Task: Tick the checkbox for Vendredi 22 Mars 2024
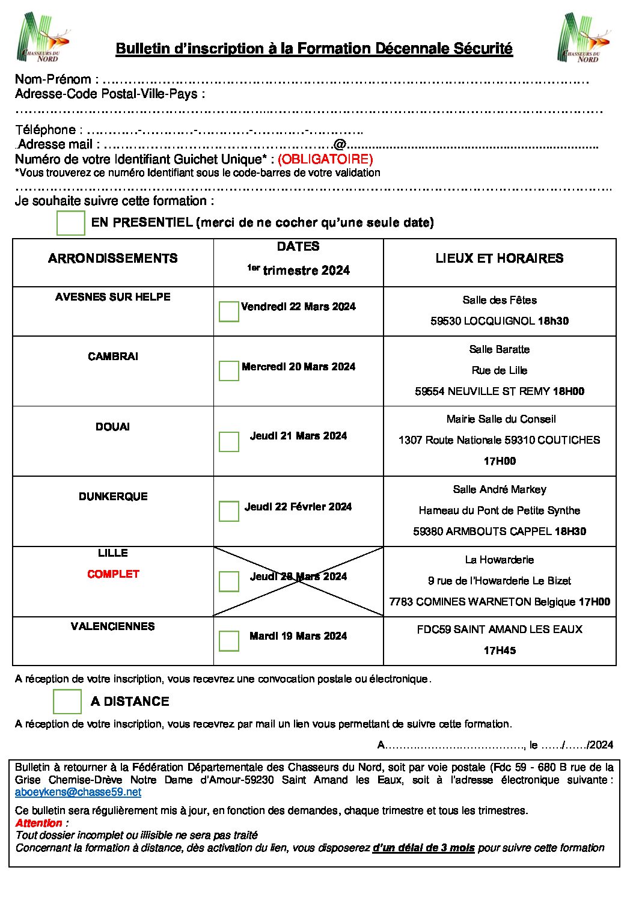pyautogui.click(x=228, y=311)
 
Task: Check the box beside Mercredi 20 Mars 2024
pyautogui.click(x=228, y=370)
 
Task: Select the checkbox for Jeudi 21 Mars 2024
pyautogui.click(x=228, y=441)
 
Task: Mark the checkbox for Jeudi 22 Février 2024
pyautogui.click(x=228, y=511)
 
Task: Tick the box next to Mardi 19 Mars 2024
pyautogui.click(x=228, y=640)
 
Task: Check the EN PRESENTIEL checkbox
pyautogui.click(x=70, y=222)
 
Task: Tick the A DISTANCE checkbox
pyautogui.click(x=67, y=701)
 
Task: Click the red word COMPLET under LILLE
pyautogui.click(x=113, y=574)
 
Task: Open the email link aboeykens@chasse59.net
pyautogui.click(x=78, y=792)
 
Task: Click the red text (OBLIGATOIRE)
pyautogui.click(x=325, y=159)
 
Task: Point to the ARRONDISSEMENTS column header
pyautogui.click(x=113, y=259)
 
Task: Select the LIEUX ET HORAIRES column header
pyautogui.click(x=500, y=259)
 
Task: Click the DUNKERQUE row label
pyautogui.click(x=113, y=497)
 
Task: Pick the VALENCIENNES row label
pyautogui.click(x=113, y=626)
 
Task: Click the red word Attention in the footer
pyautogui.click(x=39, y=823)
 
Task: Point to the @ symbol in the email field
pyautogui.click(x=340, y=144)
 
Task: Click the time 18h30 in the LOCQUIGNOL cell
pyautogui.click(x=553, y=321)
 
